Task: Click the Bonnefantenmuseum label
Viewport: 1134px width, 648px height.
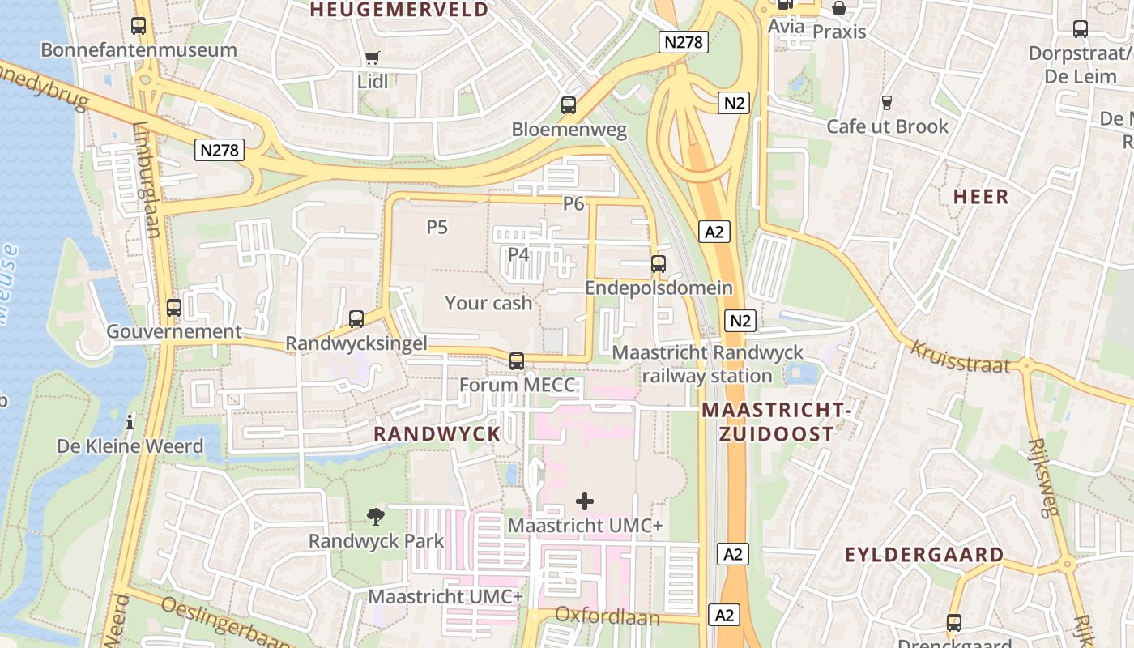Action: click(x=139, y=50)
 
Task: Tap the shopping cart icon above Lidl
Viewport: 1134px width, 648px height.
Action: click(x=372, y=58)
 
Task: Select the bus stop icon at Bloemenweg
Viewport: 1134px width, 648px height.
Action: click(x=569, y=105)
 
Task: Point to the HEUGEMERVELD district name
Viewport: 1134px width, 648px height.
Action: click(x=399, y=10)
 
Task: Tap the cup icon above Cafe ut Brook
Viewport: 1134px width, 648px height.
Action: click(x=887, y=103)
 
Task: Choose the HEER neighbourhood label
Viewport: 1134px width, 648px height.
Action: click(x=981, y=196)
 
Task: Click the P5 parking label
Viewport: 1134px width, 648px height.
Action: click(x=437, y=227)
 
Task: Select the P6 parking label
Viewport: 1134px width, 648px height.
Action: click(x=573, y=203)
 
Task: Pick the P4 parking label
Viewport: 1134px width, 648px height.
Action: click(x=518, y=254)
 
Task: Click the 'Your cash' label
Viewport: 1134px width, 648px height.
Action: click(x=488, y=303)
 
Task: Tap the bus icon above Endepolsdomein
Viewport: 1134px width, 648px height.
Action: click(x=659, y=264)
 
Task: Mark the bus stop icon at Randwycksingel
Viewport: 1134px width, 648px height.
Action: click(x=356, y=319)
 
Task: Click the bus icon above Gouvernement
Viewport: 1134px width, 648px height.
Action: click(x=174, y=308)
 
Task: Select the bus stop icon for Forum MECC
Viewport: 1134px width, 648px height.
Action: click(x=517, y=361)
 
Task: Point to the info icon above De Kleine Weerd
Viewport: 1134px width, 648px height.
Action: click(x=130, y=423)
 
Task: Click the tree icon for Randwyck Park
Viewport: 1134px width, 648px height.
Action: click(x=376, y=516)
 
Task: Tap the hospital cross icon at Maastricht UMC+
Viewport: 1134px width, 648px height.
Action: click(x=585, y=502)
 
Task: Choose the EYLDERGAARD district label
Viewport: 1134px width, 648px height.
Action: click(x=924, y=555)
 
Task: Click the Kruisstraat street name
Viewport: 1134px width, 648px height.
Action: click(x=961, y=357)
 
